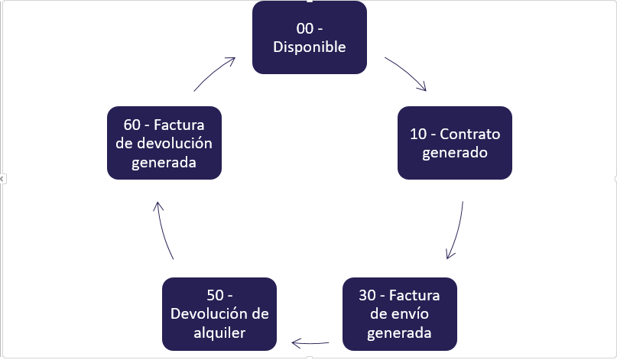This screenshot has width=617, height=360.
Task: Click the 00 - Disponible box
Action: point(310,38)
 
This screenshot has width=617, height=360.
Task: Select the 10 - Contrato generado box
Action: point(455,142)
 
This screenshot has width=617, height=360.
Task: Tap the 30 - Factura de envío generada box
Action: point(400,313)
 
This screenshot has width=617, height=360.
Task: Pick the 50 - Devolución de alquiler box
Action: point(219,313)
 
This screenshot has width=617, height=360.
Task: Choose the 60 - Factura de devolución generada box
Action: point(164,142)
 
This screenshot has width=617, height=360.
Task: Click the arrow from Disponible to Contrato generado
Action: point(406,73)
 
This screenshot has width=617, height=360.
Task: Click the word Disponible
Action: point(310,47)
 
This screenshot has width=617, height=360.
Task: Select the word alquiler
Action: point(219,332)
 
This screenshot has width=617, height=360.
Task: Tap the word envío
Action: point(411,314)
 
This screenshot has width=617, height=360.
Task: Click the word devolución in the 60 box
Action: point(174,143)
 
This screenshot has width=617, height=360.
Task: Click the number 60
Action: point(120,125)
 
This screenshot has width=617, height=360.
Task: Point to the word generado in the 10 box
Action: point(455,151)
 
